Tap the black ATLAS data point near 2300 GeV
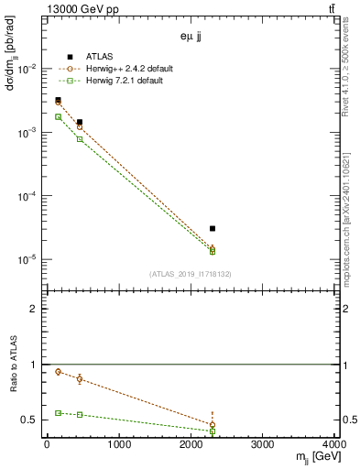pyautogui.click(x=213, y=228)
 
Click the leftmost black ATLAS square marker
pyautogui.click(x=58, y=100)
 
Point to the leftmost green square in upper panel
pyautogui.click(x=58, y=116)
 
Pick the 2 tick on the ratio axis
pyautogui.click(x=35, y=309)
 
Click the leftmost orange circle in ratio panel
pyautogui.click(x=58, y=372)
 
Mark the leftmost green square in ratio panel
pyautogui.click(x=58, y=412)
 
